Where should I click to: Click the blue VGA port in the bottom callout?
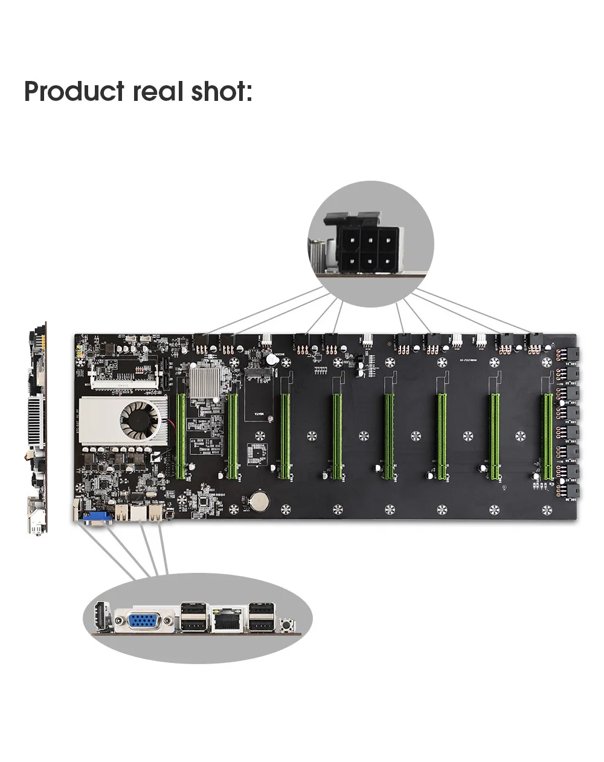pos(144,621)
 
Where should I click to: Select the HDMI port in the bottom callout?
pos(101,618)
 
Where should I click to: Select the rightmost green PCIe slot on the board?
pos(547,437)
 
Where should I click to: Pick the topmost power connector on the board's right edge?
pos(570,354)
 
